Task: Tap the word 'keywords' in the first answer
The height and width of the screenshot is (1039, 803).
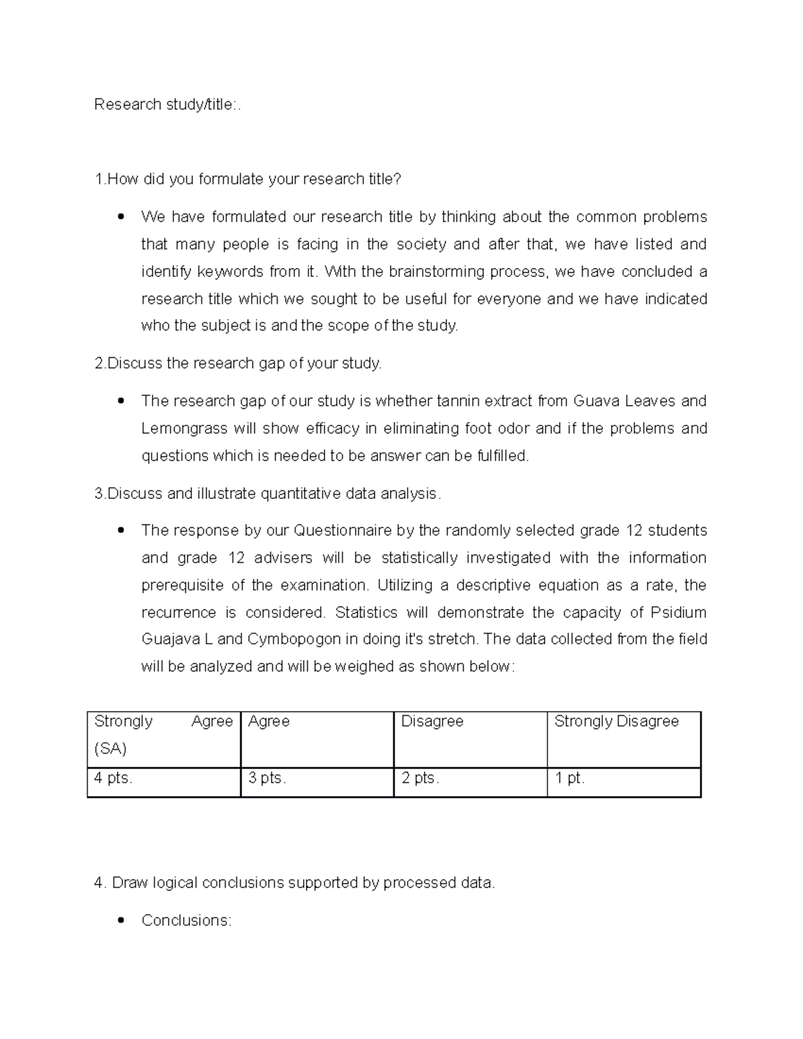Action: pos(230,272)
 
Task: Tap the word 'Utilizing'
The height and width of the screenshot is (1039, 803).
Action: pos(405,585)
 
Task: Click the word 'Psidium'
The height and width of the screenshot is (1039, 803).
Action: pos(679,613)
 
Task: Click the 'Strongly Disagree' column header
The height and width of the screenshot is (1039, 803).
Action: pos(616,721)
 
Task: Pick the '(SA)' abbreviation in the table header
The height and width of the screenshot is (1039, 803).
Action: pos(110,749)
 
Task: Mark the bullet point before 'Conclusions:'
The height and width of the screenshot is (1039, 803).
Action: pos(120,921)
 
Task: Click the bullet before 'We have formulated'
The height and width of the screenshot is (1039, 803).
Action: pos(120,217)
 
